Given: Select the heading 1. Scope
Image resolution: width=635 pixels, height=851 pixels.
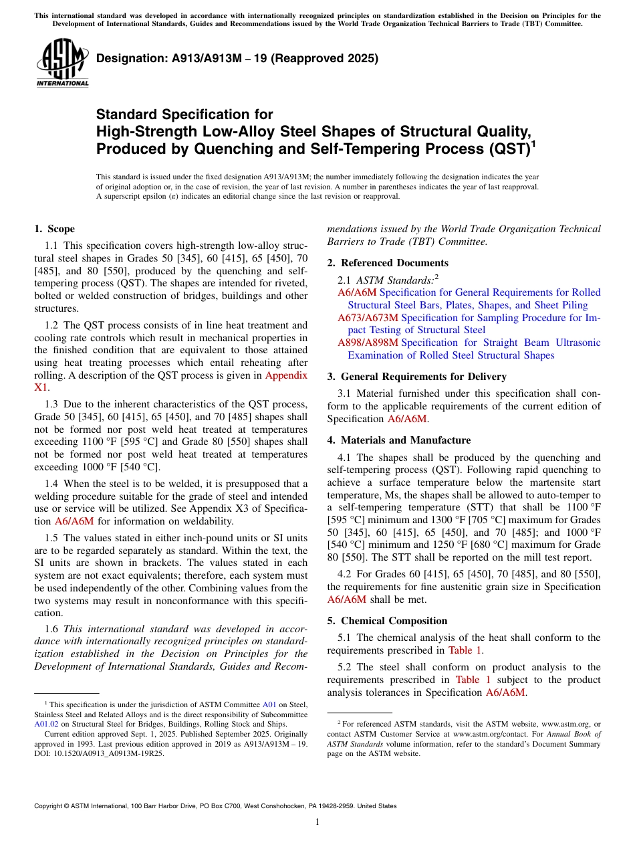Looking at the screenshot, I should point(54,229).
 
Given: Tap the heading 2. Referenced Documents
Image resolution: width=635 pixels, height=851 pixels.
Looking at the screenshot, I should point(388,263).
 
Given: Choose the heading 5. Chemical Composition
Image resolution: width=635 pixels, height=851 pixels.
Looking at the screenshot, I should point(387,621).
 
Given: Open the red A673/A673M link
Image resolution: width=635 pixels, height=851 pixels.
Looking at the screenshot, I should point(368,318).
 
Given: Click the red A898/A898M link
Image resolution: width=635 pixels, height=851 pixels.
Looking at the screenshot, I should point(368,343).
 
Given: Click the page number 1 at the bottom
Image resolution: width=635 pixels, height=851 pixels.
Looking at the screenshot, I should point(317,822).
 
